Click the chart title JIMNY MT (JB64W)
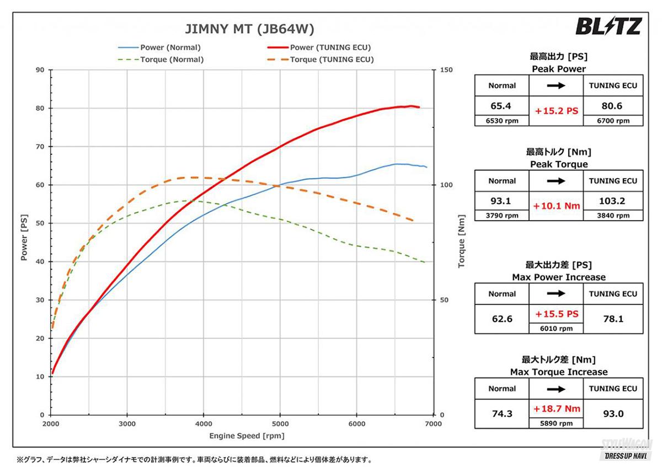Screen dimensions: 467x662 pyautogui.click(x=249, y=29)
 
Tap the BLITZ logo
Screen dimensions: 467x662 pyautogui.click(x=608, y=26)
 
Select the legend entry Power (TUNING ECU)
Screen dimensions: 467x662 pyautogui.click(x=330, y=47)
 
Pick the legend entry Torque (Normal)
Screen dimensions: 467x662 pyautogui.click(x=172, y=60)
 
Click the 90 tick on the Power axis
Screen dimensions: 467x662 pyautogui.click(x=40, y=70)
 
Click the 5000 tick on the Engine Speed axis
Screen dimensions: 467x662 pyautogui.click(x=280, y=423)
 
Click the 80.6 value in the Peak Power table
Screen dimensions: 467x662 pyautogui.click(x=612, y=105)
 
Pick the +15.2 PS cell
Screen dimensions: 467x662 pyautogui.click(x=556, y=111)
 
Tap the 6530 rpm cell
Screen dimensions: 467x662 pyautogui.click(x=502, y=121)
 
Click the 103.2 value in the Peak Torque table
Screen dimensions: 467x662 pyautogui.click(x=612, y=201)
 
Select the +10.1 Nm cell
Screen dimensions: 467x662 pyautogui.click(x=556, y=206)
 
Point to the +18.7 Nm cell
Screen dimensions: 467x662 pyautogui.click(x=556, y=409)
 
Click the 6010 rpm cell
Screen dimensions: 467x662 pyautogui.click(x=556, y=328)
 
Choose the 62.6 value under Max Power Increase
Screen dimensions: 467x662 pyautogui.click(x=502, y=318)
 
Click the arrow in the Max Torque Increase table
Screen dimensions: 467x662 pyautogui.click(x=556, y=389)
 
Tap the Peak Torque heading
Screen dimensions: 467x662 pyautogui.click(x=559, y=164)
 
